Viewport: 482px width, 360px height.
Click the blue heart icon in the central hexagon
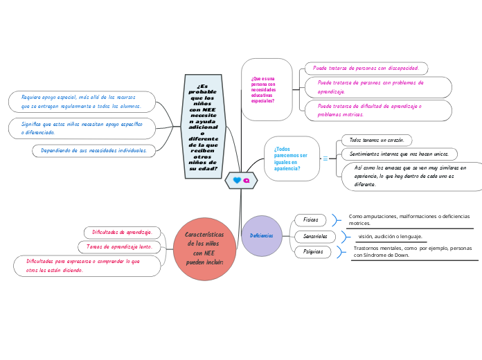click(237, 181)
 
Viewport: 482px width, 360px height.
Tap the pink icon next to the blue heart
click(246, 181)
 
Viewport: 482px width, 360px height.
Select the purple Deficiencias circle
click(262, 236)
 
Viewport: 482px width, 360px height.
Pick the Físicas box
click(310, 220)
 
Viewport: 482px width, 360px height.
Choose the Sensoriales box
click(314, 236)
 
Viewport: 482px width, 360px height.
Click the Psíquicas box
click(313, 252)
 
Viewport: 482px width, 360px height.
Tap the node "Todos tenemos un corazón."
click(377, 140)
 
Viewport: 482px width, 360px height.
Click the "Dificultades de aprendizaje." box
click(123, 232)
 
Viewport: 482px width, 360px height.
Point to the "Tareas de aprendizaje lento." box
click(120, 246)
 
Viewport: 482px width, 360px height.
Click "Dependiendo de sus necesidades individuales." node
click(93, 150)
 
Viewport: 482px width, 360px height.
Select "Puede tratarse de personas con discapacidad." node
click(366, 68)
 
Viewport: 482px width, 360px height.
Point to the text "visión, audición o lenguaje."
click(390, 236)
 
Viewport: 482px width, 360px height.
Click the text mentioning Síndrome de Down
click(412, 251)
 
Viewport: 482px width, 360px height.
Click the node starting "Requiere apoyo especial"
click(82, 102)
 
